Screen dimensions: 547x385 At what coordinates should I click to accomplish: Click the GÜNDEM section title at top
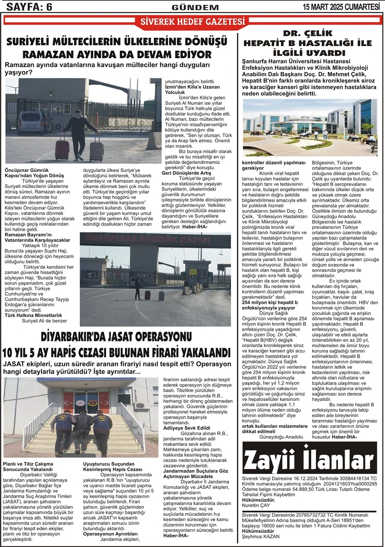(195, 7)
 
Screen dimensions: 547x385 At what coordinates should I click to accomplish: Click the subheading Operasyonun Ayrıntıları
(110, 534)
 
